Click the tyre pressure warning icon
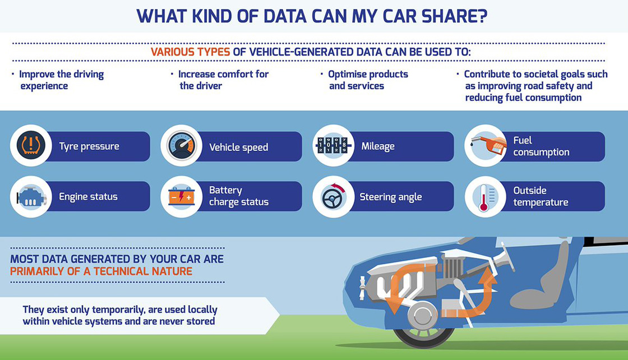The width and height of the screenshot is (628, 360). pos(31,145)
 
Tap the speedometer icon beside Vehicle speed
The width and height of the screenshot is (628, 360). pos(182,145)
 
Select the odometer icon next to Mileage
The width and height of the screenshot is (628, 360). pos(333,145)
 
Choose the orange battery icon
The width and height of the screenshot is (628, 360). pos(182,196)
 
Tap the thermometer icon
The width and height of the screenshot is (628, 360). pos(484,197)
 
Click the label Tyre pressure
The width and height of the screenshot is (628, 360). pos(89,146)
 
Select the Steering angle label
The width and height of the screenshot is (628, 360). pos(390,197)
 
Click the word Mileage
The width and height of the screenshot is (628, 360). pos(378,146)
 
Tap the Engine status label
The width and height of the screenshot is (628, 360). pos(88,197)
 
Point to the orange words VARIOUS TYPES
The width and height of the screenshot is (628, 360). pos(190,52)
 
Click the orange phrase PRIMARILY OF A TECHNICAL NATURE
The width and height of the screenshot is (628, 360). pos(101,271)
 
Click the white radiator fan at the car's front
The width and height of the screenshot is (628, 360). pos(362,288)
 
